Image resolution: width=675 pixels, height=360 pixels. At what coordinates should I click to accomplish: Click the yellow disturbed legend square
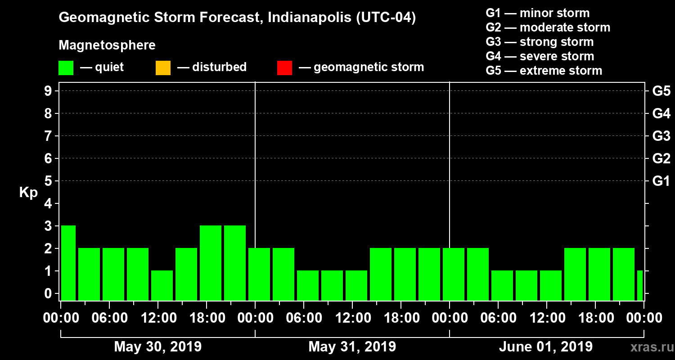163,68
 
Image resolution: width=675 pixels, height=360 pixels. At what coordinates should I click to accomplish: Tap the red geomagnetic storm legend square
284,68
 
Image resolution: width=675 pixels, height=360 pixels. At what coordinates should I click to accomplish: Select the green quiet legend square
66,68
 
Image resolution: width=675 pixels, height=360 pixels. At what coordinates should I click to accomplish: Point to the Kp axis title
28,193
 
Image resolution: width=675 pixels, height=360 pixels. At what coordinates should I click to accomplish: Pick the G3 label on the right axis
661,136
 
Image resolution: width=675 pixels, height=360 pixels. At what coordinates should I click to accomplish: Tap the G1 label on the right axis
661,181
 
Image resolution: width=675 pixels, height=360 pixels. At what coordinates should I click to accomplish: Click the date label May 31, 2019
352,347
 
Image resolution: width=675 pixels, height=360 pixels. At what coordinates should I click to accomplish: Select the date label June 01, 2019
546,347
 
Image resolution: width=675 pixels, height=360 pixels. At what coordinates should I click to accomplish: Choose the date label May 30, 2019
157,347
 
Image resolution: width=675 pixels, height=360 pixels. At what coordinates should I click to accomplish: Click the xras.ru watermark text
648,347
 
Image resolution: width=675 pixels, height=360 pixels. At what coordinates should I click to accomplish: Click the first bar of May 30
68,263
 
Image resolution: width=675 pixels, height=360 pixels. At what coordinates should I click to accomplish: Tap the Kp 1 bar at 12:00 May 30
162,285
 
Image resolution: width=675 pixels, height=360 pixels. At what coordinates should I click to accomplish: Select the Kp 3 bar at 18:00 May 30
211,263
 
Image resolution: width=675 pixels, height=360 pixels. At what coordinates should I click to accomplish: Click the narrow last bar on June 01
640,285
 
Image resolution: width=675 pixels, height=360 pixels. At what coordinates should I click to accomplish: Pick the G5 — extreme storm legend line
544,71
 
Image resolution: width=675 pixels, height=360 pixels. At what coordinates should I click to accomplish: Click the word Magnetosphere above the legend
107,45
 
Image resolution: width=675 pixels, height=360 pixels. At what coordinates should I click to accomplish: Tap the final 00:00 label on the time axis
643,318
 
